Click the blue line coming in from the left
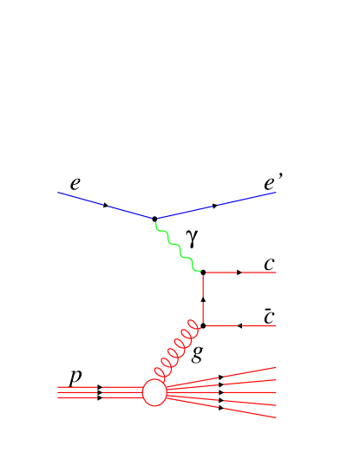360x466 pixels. coord(104,206)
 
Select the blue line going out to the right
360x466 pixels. coord(217,206)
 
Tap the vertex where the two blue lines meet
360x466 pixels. coord(155,219)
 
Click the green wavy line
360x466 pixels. coord(179,246)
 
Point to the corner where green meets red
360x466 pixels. coord(203,272)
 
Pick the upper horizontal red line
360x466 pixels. coord(240,272)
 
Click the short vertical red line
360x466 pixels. coord(203,299)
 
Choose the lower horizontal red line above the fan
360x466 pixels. coord(240,325)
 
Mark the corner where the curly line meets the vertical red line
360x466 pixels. coord(203,325)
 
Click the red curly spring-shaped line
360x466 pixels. coord(178,351)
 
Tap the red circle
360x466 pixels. coord(154,392)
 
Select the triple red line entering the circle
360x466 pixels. coord(100,392)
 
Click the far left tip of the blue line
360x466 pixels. coord(58,193)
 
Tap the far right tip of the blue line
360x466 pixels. coord(276,193)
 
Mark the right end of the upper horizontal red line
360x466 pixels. coord(276,272)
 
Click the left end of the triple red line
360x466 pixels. coord(58,392)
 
